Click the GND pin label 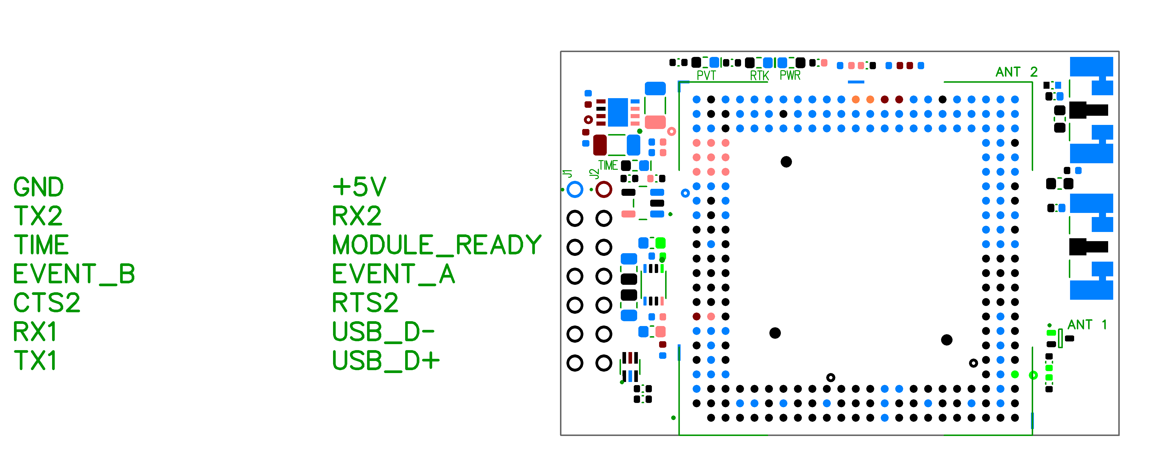tap(38, 187)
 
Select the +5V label tap(359, 187)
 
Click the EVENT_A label tap(393, 274)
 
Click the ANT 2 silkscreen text tap(1016, 72)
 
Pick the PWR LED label tap(790, 75)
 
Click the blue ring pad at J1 tap(575, 190)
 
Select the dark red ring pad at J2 tap(603, 190)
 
